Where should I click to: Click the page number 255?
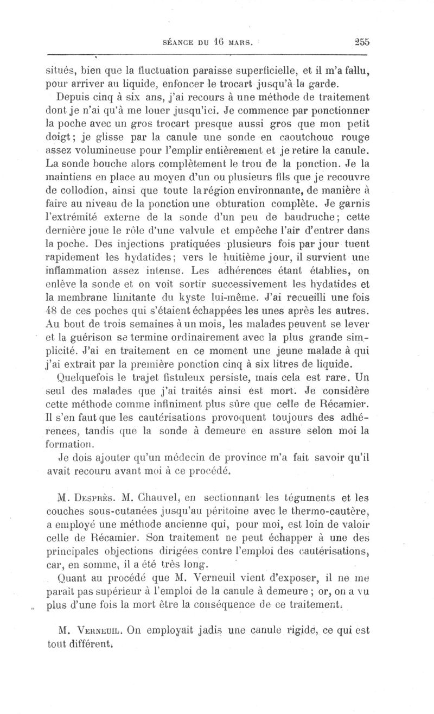point(360,41)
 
